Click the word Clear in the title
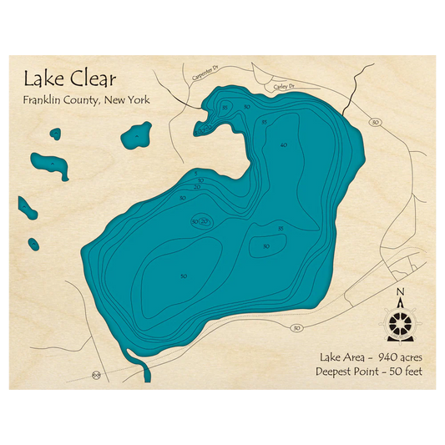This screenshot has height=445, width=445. coord(92,80)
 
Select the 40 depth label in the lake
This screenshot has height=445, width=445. coord(284,145)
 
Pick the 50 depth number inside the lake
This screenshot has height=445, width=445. coord(184,276)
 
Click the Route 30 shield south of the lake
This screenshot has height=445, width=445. coord(296,328)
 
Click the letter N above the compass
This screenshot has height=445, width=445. coord(400,291)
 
